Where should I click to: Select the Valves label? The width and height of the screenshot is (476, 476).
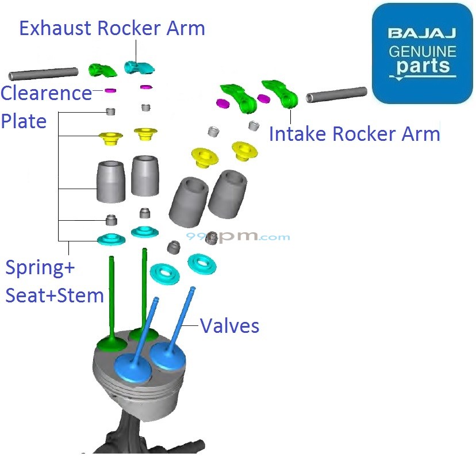[229, 326]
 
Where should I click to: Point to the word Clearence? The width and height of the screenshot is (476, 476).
[46, 93]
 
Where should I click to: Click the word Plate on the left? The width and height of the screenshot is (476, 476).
[24, 121]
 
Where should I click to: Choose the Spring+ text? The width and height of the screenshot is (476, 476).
[40, 268]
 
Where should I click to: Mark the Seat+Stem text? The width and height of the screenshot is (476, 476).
[55, 295]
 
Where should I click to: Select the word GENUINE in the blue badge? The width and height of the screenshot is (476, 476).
[423, 51]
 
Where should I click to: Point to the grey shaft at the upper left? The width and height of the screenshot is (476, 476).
[43, 74]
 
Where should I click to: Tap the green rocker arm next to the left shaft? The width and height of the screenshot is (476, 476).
[102, 70]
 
